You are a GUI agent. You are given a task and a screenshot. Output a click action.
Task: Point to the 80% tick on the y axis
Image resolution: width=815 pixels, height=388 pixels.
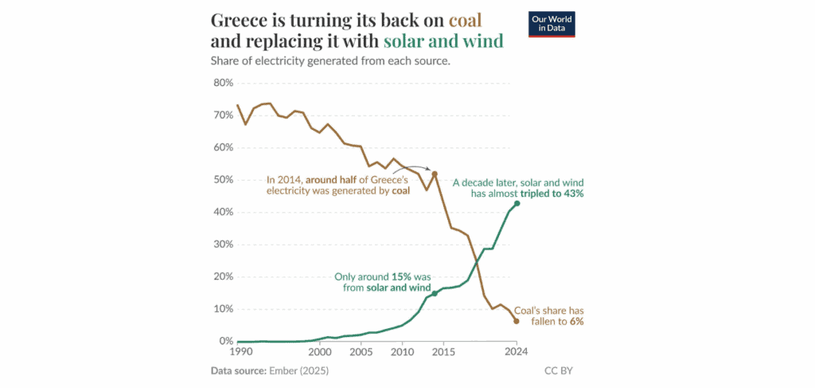click(x=222, y=83)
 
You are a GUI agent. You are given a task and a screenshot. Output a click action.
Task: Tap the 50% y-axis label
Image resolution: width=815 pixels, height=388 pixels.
click(x=222, y=180)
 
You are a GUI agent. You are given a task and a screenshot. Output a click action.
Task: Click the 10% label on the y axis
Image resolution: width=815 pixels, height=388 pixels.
click(x=222, y=309)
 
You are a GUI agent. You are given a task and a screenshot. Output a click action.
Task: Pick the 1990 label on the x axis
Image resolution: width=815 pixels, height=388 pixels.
click(x=240, y=351)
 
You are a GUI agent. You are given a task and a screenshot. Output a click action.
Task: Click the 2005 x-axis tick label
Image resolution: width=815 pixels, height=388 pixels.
click(x=361, y=351)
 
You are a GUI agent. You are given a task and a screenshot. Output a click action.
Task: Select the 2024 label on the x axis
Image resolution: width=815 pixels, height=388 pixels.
click(x=516, y=351)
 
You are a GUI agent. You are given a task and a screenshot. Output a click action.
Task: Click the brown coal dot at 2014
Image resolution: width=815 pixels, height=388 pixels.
click(x=435, y=174)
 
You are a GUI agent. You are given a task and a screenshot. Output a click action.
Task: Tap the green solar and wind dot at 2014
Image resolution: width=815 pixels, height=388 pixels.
click(x=435, y=293)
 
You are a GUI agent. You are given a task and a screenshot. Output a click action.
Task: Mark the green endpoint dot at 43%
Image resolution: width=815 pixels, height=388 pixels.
click(x=517, y=204)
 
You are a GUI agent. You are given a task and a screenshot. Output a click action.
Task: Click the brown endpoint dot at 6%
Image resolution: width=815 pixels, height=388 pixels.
click(x=517, y=321)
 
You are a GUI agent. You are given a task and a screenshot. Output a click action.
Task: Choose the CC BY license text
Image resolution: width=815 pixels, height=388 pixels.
click(x=558, y=370)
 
